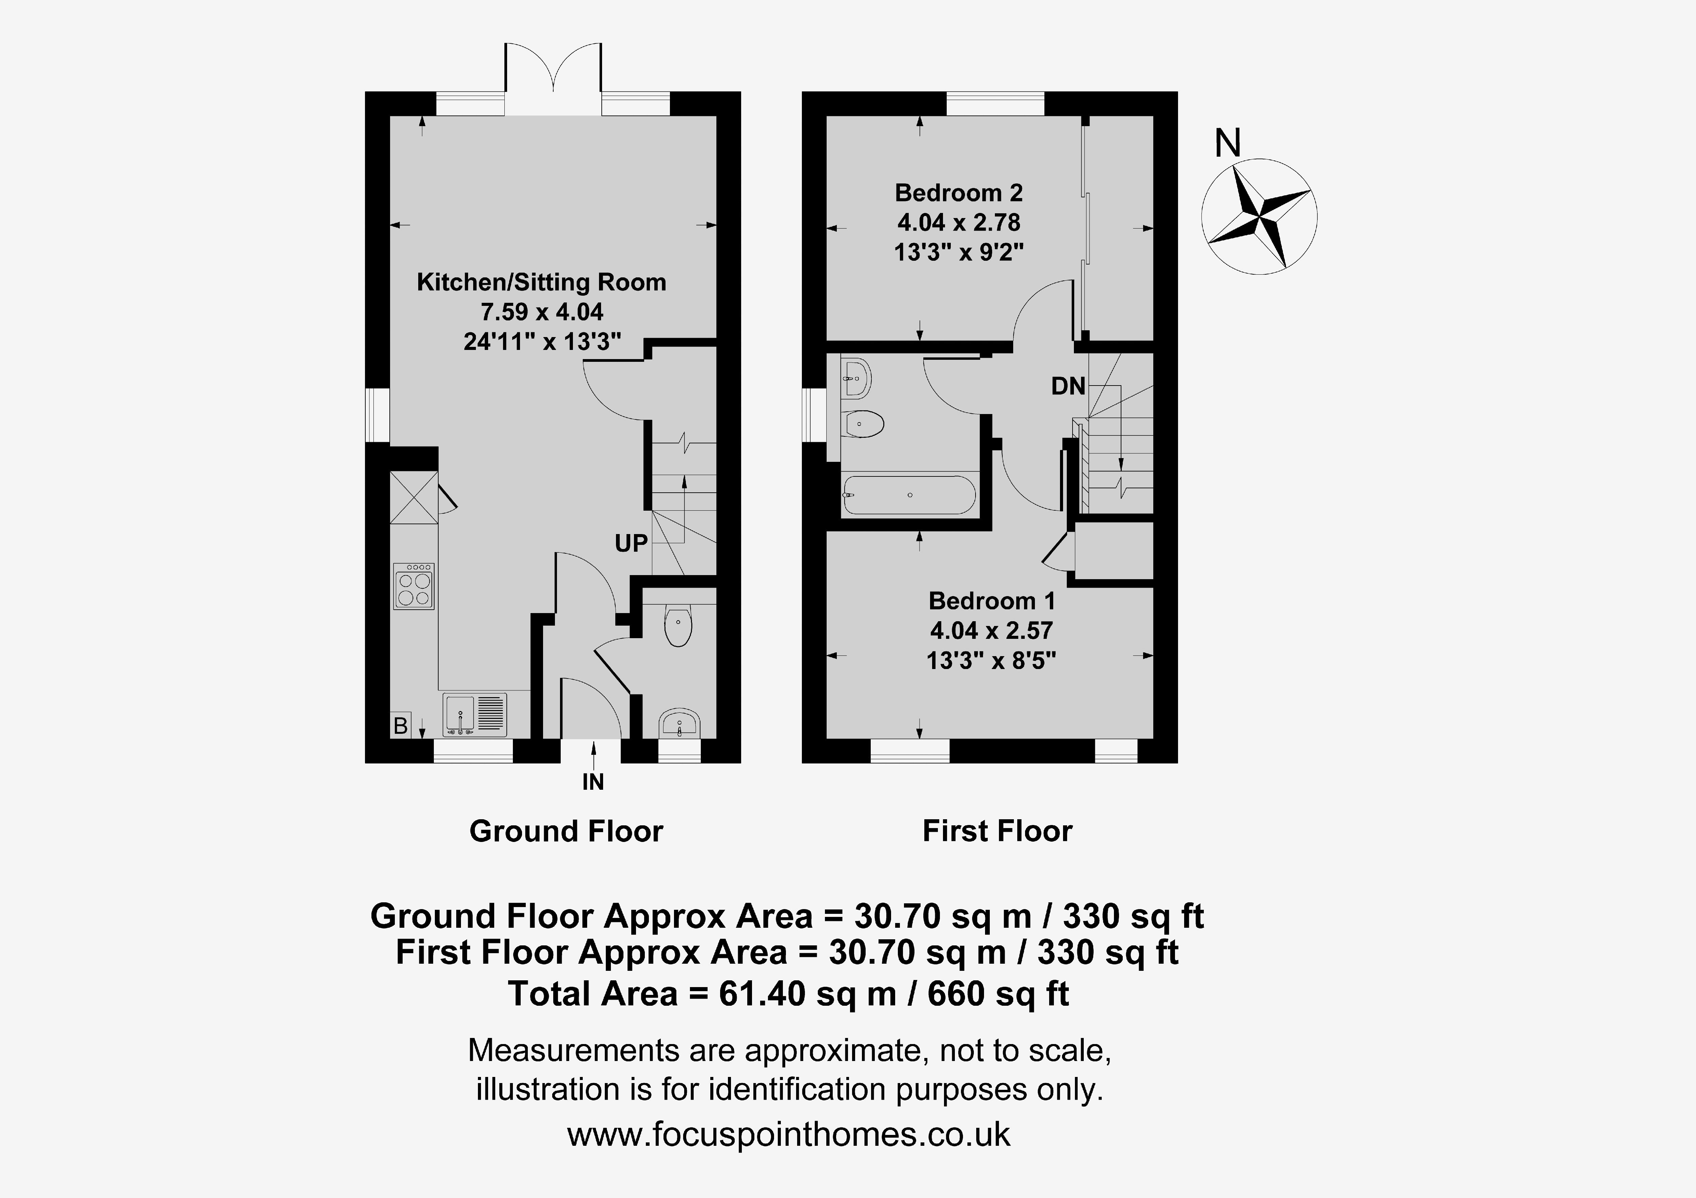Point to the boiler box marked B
(400, 725)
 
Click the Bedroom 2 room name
(959, 193)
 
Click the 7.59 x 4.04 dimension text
(542, 312)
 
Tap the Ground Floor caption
(566, 831)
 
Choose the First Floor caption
(997, 831)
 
